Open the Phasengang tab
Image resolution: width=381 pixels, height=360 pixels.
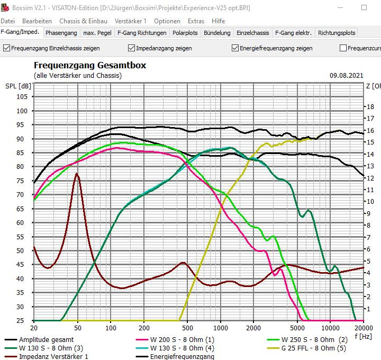[x=61, y=33]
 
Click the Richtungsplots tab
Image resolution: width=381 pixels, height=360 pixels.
[x=337, y=33]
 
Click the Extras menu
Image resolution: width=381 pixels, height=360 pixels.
[x=196, y=21]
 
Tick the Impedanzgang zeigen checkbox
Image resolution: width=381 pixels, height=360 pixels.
[x=132, y=48]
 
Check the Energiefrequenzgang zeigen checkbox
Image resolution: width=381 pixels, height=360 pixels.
[x=235, y=48]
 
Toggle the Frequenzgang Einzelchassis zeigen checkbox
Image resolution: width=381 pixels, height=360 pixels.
[x=7, y=48]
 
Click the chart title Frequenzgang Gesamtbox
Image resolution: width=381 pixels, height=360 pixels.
[x=90, y=66]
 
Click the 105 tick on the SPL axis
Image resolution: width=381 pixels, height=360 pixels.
[x=22, y=97]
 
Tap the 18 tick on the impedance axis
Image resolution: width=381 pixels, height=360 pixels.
[x=370, y=106]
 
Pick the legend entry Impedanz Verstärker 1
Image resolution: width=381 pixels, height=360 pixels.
[x=53, y=356]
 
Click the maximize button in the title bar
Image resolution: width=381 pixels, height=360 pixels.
[x=364, y=8]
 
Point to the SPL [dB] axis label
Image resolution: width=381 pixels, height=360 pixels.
[x=18, y=86]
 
